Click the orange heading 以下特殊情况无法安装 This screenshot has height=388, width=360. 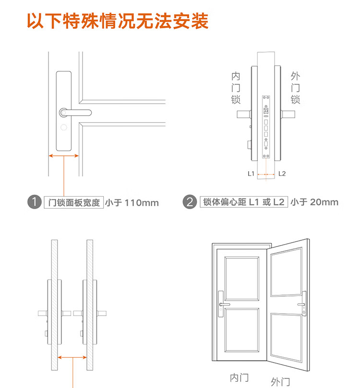pyautogui.click(x=118, y=21)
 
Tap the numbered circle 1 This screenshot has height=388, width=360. pyautogui.click(x=35, y=202)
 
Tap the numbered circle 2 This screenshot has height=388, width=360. pyautogui.click(x=190, y=202)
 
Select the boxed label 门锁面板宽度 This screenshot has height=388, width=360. pyautogui.click(x=74, y=202)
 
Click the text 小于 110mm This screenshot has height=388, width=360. pyautogui.click(x=132, y=203)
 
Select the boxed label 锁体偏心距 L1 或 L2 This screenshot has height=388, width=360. pyautogui.click(x=244, y=202)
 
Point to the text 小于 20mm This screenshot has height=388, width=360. pyautogui.click(x=314, y=202)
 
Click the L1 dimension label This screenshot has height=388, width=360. pyautogui.click(x=251, y=174)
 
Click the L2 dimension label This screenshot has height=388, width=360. pyautogui.click(x=282, y=174)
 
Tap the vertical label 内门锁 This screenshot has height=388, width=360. pyautogui.click(x=236, y=88)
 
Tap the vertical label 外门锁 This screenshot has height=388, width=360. pyautogui.click(x=295, y=88)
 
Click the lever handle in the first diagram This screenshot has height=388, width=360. pyautogui.click(x=75, y=113)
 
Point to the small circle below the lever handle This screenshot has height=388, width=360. pyautogui.click(x=64, y=127)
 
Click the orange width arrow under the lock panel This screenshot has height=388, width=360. pyautogui.click(x=64, y=156)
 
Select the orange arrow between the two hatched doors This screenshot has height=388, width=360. pyautogui.click(x=72, y=357)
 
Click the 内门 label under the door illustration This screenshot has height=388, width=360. pyautogui.click(x=239, y=378)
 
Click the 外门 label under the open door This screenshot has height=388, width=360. pyautogui.click(x=280, y=382)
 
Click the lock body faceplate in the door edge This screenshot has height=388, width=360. pyautogui.click(x=266, y=127)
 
